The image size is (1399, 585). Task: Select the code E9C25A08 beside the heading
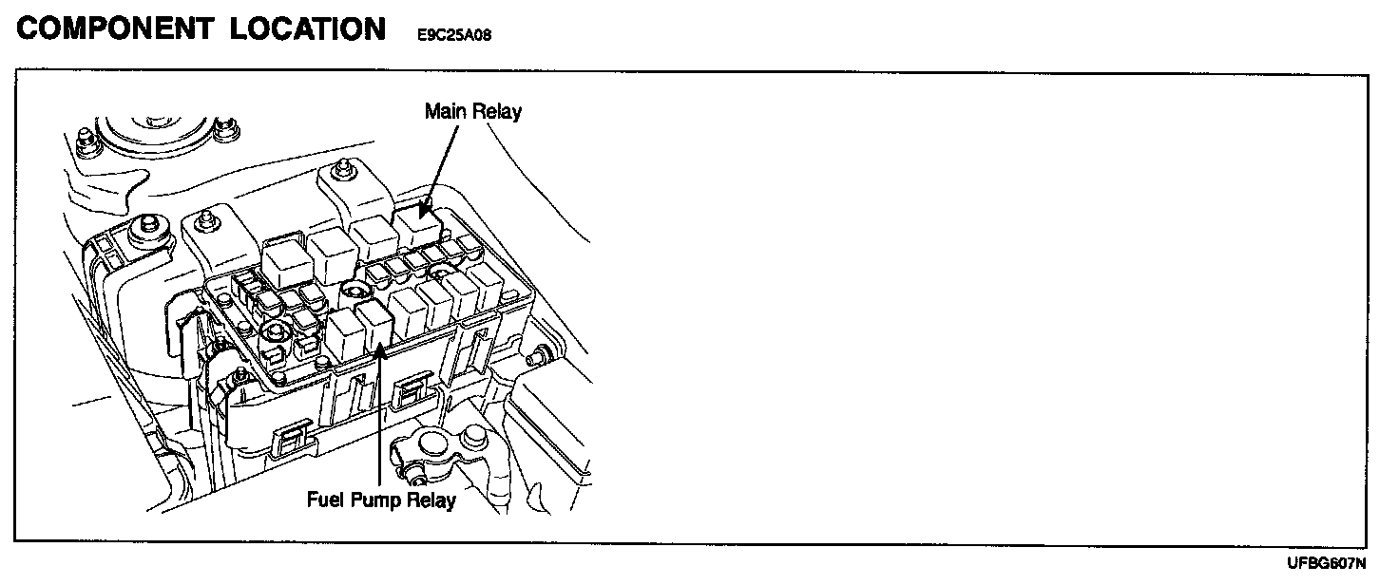(454, 35)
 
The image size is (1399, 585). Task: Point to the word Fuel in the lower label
(324, 500)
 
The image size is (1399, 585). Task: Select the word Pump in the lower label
(372, 500)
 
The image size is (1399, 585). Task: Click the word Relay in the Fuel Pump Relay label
(429, 500)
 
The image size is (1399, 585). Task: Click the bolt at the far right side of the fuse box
(539, 358)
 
